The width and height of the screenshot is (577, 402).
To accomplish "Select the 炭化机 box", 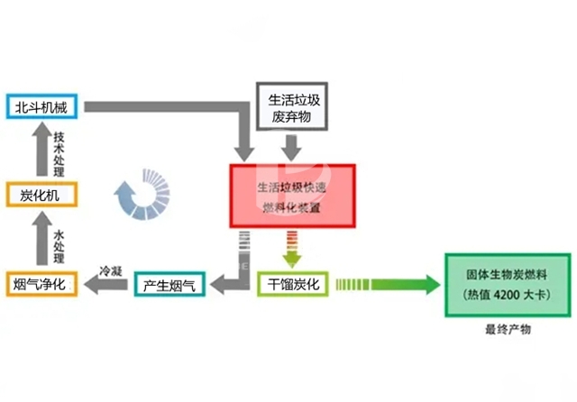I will click(x=43, y=195).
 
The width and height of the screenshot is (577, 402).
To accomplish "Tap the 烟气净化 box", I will click(x=43, y=284).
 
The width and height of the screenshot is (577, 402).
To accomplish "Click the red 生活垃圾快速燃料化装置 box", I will click(x=294, y=196).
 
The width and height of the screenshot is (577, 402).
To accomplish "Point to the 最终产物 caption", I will click(x=508, y=331).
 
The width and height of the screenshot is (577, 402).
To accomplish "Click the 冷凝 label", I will click(x=110, y=269).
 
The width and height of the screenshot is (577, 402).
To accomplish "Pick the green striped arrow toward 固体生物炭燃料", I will click(x=386, y=285).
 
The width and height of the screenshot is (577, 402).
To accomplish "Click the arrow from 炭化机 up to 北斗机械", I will click(x=40, y=150).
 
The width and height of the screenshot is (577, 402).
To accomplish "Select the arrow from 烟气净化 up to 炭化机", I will click(x=40, y=239).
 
